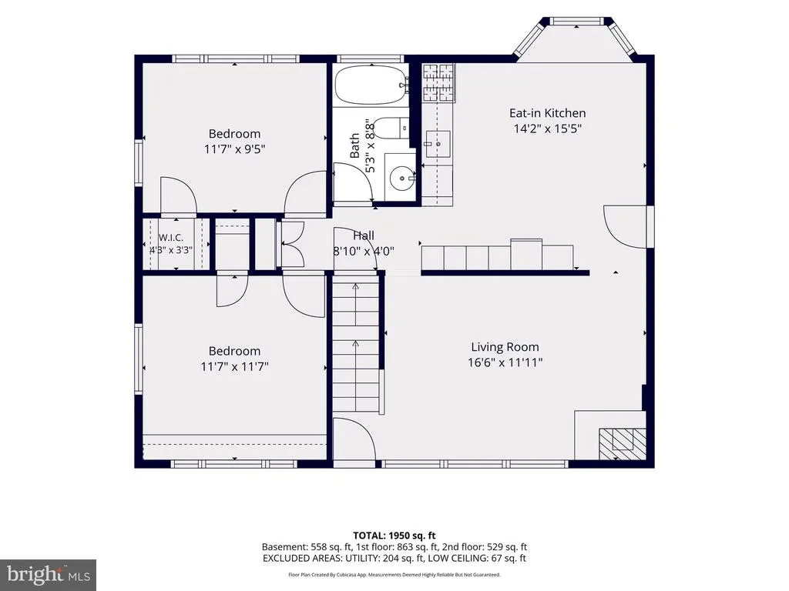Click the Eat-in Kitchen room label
pos(548,113)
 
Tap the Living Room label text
pos(505,347)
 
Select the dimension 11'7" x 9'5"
pos(234,149)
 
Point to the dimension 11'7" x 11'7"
pos(234,366)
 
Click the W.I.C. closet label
pos(171,238)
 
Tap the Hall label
pos(364,235)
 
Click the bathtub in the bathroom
pos(371,85)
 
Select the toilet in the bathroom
pos(392,129)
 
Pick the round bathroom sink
pos(401,178)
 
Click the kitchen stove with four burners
pos(438,83)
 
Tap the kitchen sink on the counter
pos(438,143)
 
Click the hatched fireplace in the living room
pos(623,444)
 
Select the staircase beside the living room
pos(356,345)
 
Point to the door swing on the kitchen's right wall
pos(626,226)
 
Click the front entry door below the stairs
pos(354,438)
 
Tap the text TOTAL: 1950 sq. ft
pos(394,536)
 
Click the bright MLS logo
pos(48,575)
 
